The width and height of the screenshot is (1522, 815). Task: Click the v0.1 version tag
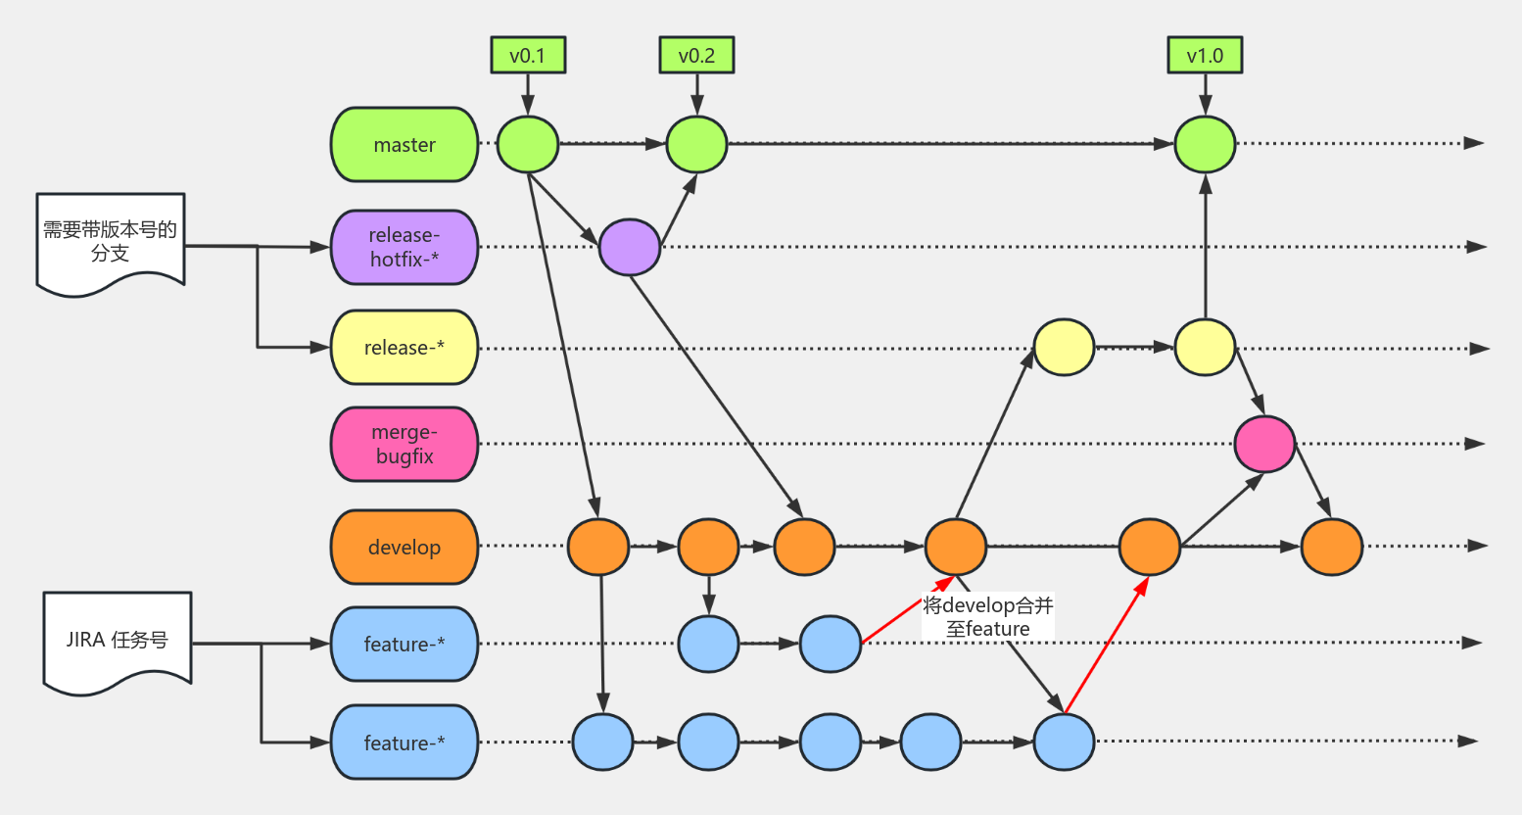point(528,56)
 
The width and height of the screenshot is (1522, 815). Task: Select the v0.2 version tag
point(696,56)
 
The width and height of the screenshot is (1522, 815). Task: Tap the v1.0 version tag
point(1205,56)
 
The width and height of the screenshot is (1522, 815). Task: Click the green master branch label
point(404,145)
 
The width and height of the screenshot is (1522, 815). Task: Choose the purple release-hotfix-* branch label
point(404,247)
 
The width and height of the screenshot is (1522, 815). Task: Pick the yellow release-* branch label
point(404,348)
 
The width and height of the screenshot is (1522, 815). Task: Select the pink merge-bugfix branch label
point(404,445)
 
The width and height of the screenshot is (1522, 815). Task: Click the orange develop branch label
point(404,547)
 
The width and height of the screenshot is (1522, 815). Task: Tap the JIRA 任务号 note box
point(118,640)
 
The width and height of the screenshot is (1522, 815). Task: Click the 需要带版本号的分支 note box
point(111,241)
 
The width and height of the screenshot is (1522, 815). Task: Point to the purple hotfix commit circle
point(630,247)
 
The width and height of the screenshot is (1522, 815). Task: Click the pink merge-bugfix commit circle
point(1264,444)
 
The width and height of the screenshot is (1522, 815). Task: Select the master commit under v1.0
point(1205,144)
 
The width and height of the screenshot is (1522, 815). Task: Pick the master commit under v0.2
point(696,144)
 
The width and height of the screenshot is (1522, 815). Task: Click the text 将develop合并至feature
point(987,617)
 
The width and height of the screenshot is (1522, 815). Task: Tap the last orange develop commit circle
point(1331,547)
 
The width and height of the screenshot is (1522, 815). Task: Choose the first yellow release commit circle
point(1064,347)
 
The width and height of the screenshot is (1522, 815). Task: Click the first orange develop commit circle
point(598,547)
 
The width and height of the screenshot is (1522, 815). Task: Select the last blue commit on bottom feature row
point(1064,743)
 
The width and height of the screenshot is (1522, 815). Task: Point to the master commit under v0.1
point(528,144)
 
